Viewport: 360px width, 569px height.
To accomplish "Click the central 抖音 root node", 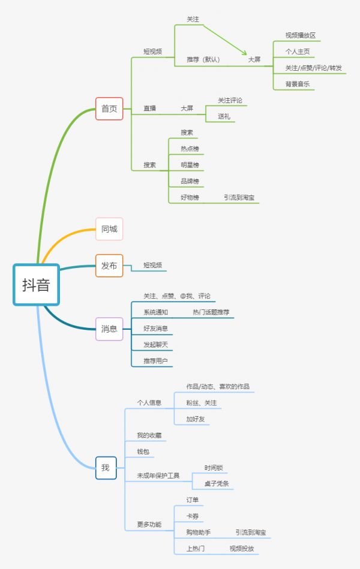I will click(x=37, y=285).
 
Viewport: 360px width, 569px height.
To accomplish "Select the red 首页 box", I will click(x=109, y=109).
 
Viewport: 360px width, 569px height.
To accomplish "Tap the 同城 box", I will click(x=109, y=228).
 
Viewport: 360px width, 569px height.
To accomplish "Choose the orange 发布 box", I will click(x=109, y=266).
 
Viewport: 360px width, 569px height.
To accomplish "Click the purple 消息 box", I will click(x=109, y=329).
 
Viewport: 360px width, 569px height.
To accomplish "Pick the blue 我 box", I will click(x=106, y=468).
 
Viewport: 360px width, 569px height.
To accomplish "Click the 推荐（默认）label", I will click(x=203, y=59).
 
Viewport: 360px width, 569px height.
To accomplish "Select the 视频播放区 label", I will click(x=301, y=35).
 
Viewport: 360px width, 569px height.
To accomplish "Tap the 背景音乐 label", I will click(x=298, y=84).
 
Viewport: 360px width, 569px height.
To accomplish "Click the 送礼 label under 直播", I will click(x=224, y=116).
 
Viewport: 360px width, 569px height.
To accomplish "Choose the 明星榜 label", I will click(x=190, y=165).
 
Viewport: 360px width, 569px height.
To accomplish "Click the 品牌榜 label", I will click(x=190, y=181).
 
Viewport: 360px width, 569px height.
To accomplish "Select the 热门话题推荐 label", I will click(x=211, y=312).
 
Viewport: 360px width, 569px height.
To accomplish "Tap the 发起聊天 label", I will click(x=155, y=345).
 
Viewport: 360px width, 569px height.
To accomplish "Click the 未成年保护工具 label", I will click(x=158, y=475).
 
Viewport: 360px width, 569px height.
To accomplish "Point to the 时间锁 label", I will click(x=214, y=468).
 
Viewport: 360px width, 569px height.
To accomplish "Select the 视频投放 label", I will click(x=242, y=548).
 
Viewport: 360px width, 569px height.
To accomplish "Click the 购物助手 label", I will click(x=199, y=532).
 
